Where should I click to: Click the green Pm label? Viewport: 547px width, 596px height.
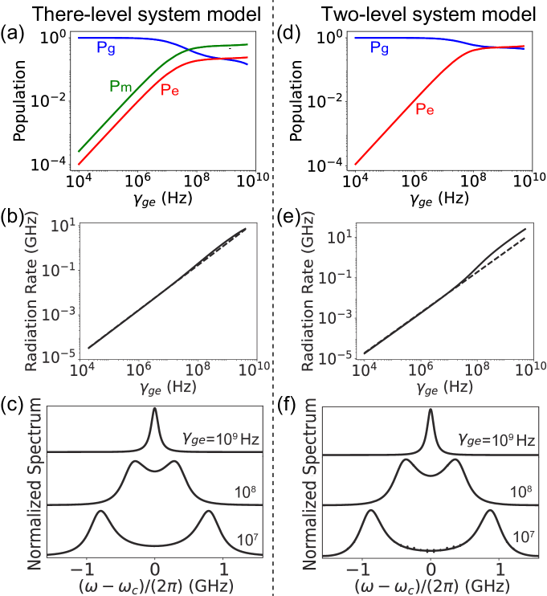pos(120,85)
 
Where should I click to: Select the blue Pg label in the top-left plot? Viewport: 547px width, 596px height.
pos(106,48)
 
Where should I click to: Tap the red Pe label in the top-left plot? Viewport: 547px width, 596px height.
pos(170,90)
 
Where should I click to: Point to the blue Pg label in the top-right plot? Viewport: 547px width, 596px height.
pos(380,48)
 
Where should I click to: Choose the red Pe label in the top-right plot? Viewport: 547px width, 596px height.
pos(425,109)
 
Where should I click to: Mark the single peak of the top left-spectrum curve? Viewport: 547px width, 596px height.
pos(155,410)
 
